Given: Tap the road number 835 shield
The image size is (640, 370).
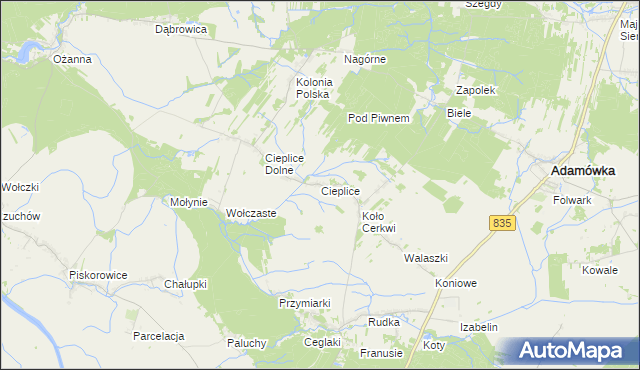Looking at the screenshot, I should click(502, 224).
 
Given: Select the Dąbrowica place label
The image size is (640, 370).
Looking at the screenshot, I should click(180, 30).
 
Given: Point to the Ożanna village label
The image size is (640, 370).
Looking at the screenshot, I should click(72, 59).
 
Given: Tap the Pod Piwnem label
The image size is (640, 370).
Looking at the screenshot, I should click(379, 118).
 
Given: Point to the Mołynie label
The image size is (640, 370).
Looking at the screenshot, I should click(189, 202).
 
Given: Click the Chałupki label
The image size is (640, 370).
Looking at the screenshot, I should click(185, 284).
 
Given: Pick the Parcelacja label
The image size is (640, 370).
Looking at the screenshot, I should click(159, 336).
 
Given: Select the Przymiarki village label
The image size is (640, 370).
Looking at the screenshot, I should click(304, 302).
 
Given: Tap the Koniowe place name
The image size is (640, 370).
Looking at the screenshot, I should click(456, 283).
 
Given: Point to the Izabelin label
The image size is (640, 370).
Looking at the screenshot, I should click(479, 327).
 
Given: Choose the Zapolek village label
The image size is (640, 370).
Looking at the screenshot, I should click(476, 90).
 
